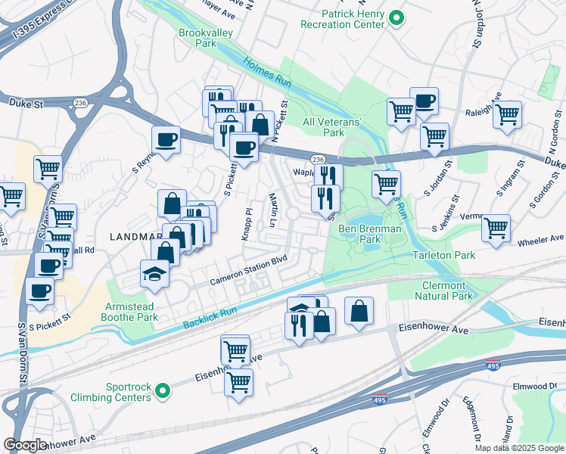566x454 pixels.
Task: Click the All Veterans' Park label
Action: (x=334, y=127)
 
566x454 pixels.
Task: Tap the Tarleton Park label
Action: (x=444, y=255)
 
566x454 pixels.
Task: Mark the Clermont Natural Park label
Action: (x=445, y=291)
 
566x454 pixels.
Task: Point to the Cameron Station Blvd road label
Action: (x=250, y=270)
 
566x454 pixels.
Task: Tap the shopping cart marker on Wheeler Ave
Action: (x=496, y=228)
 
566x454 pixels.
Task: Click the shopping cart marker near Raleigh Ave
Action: (x=507, y=114)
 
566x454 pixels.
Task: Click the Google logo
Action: (x=25, y=445)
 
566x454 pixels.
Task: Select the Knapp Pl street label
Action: (x=247, y=223)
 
